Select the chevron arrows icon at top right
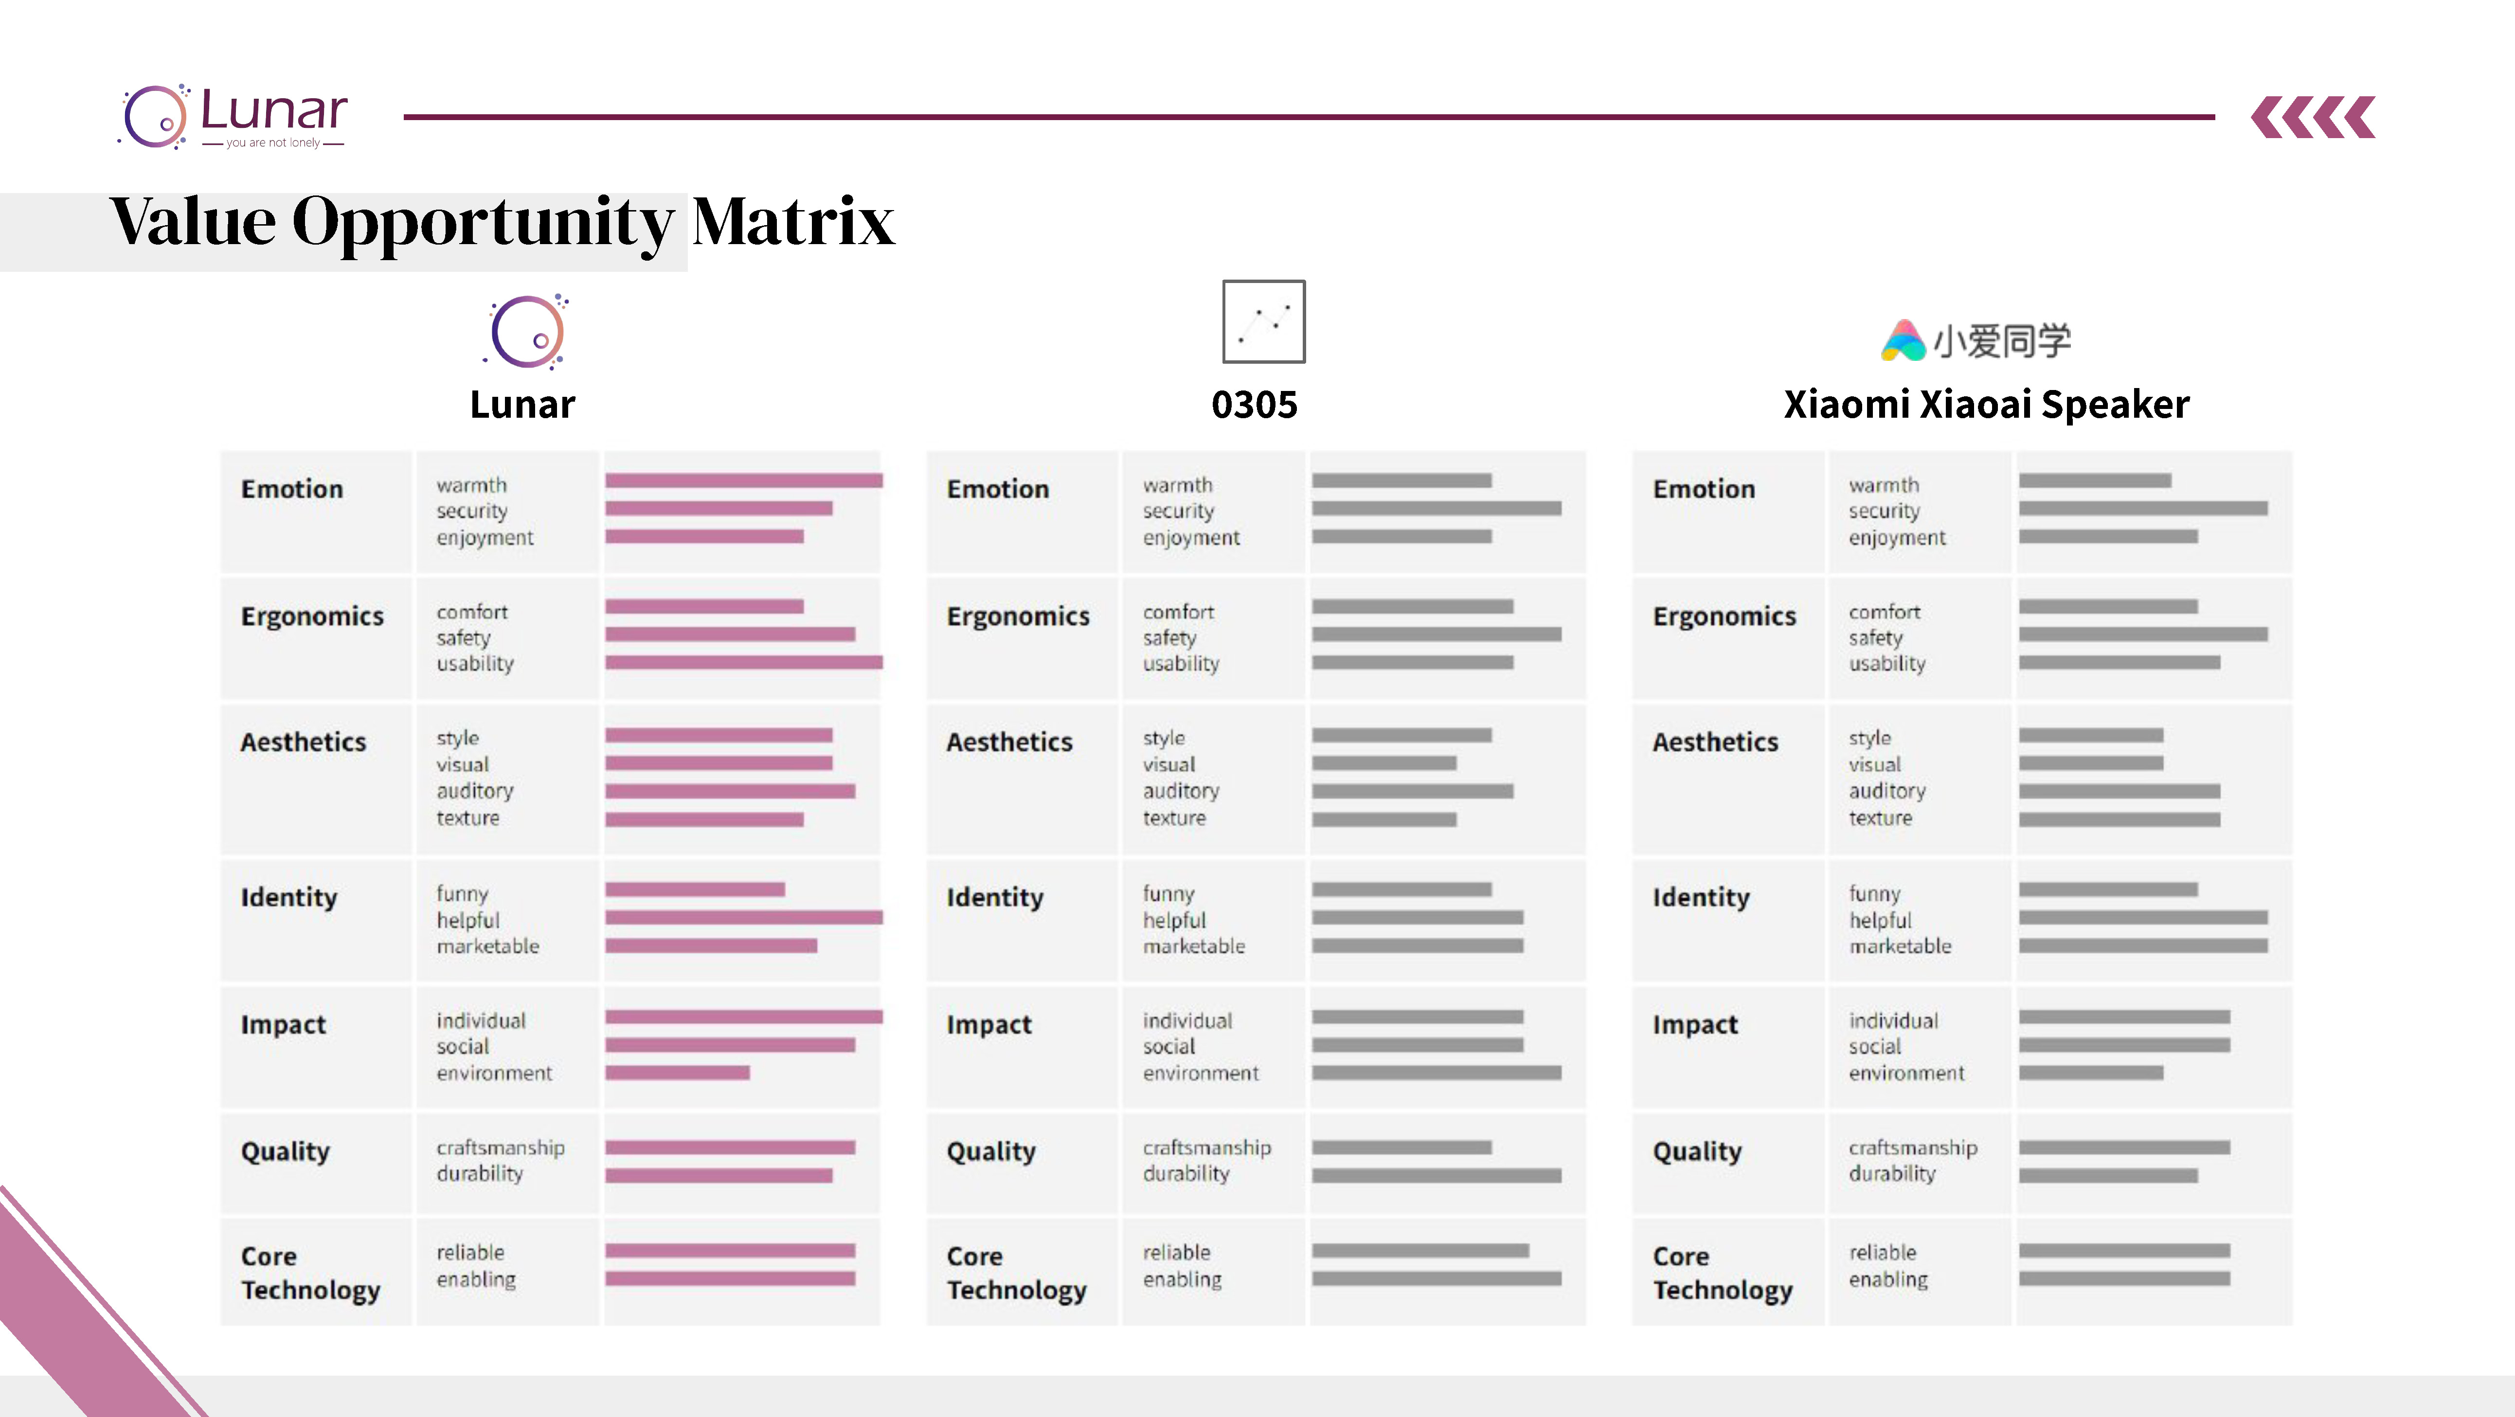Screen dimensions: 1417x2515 click(x=2312, y=117)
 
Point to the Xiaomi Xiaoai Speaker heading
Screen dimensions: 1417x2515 click(x=1986, y=404)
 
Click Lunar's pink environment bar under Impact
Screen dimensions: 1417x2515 click(x=678, y=1073)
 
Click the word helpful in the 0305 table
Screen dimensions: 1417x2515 click(x=1174, y=920)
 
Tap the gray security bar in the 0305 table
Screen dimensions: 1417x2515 click(x=1436, y=509)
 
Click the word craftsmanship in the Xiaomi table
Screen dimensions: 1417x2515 click(x=1913, y=1148)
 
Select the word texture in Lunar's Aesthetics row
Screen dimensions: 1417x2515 click(x=467, y=818)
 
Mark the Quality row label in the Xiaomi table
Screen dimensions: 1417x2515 click(x=1697, y=1151)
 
